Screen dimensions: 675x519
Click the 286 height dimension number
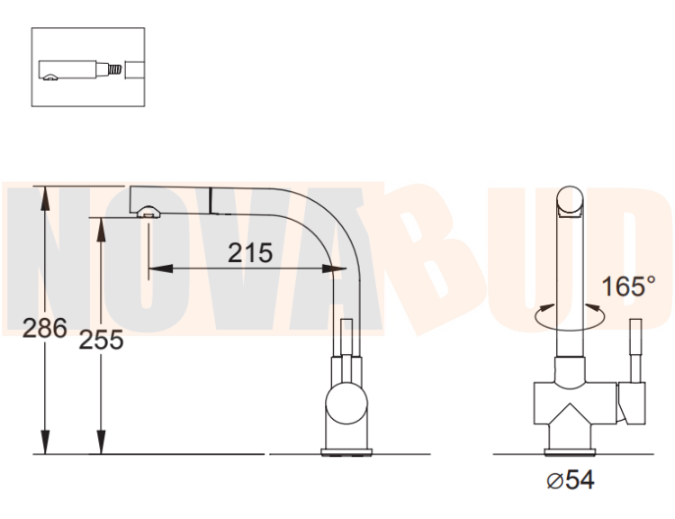(45, 328)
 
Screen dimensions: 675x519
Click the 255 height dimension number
(101, 340)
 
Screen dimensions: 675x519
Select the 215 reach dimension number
(250, 252)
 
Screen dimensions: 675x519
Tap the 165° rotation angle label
(628, 286)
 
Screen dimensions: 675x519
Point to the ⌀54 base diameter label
(571, 479)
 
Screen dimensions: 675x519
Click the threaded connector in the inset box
(114, 70)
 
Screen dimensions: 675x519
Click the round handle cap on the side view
(346, 405)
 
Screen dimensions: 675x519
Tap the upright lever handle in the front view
(635, 351)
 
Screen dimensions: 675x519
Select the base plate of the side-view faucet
(346, 452)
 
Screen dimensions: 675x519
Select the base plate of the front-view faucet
(570, 452)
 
